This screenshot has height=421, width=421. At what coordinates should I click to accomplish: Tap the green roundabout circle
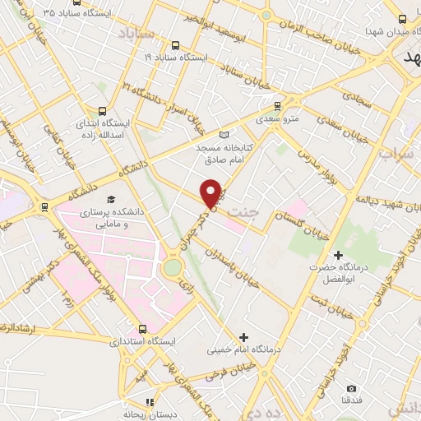172,267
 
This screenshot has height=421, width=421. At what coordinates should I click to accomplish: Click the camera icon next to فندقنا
352,388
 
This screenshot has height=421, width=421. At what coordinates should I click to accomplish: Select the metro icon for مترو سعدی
276,105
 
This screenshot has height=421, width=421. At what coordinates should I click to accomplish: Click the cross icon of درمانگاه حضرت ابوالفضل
337,256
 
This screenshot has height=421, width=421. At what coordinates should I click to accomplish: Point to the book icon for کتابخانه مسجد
225,135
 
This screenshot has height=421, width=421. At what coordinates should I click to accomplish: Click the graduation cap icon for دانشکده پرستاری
110,198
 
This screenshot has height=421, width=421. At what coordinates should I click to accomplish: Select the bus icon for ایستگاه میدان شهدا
402,19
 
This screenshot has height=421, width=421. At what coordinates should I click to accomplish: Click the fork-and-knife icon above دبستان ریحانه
150,401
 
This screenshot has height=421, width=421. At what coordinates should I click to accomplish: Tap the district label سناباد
136,34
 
